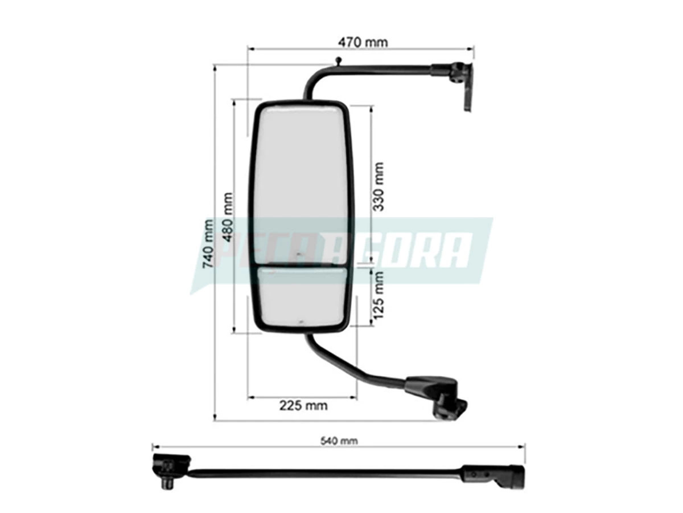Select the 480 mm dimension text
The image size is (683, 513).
point(227,217)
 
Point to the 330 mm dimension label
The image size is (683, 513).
point(378,186)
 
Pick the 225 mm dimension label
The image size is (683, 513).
point(303,406)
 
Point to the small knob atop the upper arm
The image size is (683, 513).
point(338,60)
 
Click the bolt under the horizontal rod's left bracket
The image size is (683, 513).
point(168,484)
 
